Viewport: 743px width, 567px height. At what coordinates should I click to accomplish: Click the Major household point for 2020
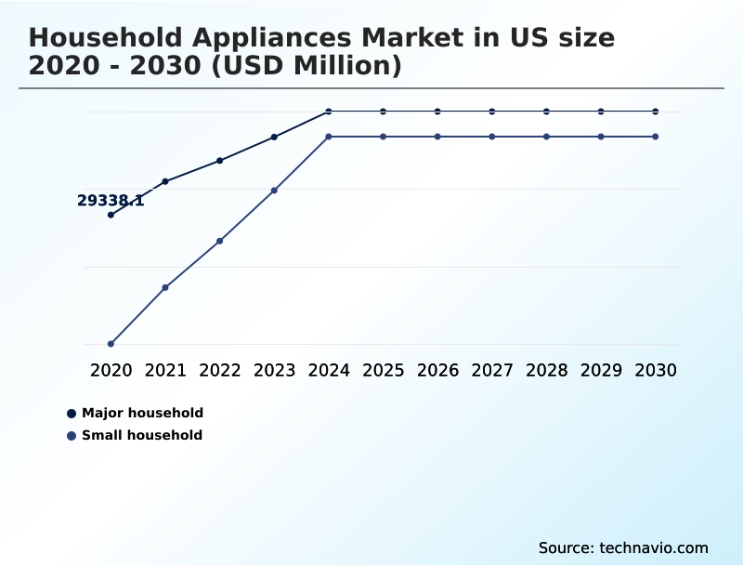[111, 215]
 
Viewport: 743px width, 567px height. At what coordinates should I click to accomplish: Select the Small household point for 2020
[111, 344]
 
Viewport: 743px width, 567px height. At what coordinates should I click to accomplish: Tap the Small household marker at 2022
[220, 241]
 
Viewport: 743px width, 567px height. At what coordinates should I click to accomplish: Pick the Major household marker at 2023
[274, 137]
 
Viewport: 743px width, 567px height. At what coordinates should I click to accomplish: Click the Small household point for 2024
[329, 137]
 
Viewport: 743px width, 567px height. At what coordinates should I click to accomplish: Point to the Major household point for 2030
[656, 112]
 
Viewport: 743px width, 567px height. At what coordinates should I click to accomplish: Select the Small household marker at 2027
[492, 137]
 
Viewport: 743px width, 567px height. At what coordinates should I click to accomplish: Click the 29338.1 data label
[111, 200]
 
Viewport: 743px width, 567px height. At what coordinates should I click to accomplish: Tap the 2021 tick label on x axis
[165, 370]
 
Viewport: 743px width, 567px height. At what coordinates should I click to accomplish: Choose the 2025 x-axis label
[383, 370]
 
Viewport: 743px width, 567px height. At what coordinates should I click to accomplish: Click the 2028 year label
[546, 370]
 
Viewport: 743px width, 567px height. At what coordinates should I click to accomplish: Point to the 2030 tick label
[656, 370]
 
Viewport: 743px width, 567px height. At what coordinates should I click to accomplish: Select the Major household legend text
[142, 413]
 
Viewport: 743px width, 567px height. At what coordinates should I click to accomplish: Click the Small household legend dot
[72, 435]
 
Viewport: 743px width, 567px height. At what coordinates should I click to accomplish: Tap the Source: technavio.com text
[623, 547]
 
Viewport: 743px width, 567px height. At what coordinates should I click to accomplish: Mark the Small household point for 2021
[165, 287]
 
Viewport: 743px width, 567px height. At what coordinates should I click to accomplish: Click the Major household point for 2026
[437, 112]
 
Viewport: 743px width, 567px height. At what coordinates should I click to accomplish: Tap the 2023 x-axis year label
[274, 370]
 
